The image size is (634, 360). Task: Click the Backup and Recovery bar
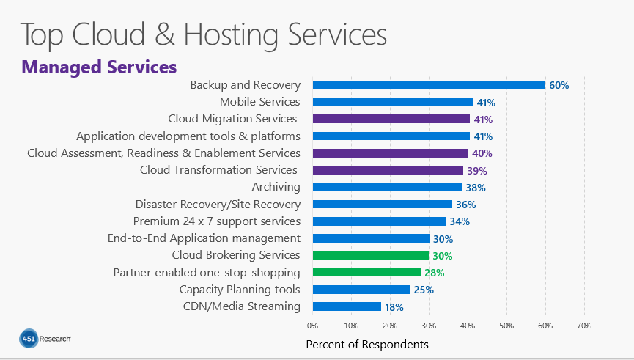(429, 85)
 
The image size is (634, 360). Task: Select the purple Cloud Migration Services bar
(391, 119)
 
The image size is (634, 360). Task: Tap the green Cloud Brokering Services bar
(370, 256)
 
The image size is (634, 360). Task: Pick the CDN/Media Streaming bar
(347, 306)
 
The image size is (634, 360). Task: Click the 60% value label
(559, 85)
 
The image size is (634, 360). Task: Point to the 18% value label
(395, 306)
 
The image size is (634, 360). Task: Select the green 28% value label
(434, 273)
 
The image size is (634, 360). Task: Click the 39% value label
(477, 171)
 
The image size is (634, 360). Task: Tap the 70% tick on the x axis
(583, 325)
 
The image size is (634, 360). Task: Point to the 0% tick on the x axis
(312, 325)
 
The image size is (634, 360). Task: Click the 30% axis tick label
(429, 325)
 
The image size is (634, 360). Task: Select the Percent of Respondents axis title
(366, 344)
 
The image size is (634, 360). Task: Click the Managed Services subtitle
(99, 67)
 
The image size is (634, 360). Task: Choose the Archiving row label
(276, 187)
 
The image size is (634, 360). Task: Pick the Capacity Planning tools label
(240, 290)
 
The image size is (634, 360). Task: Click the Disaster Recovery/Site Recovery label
(218, 204)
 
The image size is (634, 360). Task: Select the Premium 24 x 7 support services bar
(379, 221)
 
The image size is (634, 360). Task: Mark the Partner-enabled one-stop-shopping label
(207, 273)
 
